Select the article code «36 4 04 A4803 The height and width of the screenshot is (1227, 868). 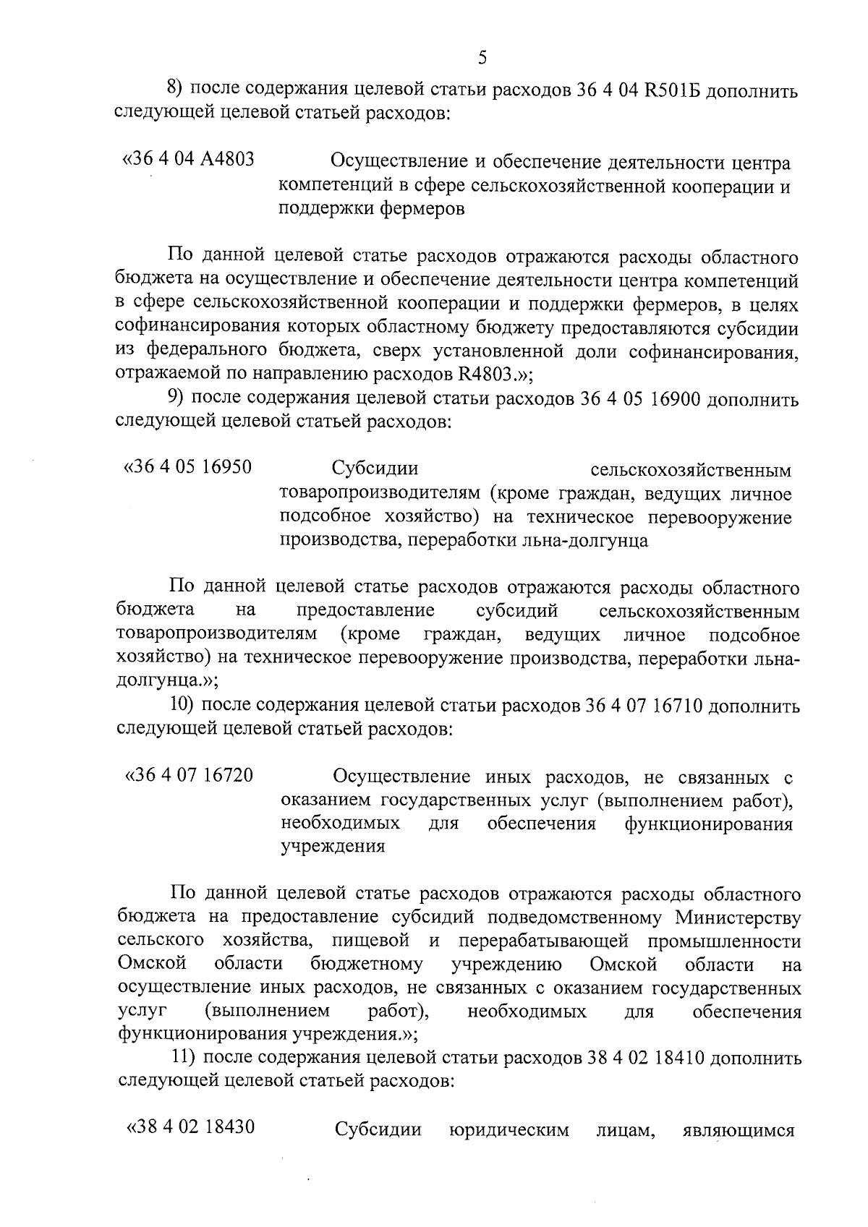189,159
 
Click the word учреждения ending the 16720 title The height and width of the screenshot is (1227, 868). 332,847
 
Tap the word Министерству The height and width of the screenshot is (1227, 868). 738,918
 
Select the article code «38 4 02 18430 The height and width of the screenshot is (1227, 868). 190,1127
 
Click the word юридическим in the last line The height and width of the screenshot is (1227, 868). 509,1129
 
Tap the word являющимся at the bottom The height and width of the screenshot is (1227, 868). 738,1129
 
